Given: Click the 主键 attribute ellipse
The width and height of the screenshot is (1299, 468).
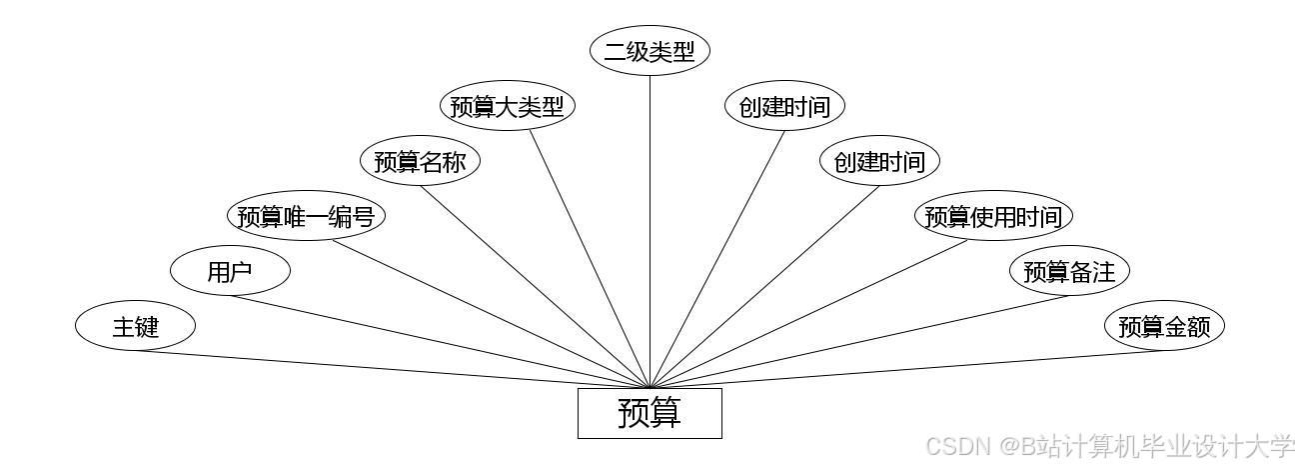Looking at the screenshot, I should tap(135, 326).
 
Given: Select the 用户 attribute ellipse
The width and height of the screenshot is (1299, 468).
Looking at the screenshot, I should tap(230, 271).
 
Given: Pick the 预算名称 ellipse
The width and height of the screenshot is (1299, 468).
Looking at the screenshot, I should tap(420, 162).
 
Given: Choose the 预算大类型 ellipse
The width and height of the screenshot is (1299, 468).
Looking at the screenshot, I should tap(507, 107).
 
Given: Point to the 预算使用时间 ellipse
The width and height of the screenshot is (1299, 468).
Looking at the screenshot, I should tap(993, 216).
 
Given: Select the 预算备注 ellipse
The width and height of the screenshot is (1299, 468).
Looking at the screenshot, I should tap(1068, 271).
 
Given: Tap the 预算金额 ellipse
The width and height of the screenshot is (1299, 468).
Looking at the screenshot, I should tap(1163, 326).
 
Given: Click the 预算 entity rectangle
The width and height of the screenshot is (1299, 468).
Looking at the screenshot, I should tap(649, 413).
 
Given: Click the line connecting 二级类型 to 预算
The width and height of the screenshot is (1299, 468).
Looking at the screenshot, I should tap(649, 230).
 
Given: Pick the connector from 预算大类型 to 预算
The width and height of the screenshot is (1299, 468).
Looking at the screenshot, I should tap(590, 259).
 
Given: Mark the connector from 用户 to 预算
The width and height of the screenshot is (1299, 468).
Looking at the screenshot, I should tap(440, 342).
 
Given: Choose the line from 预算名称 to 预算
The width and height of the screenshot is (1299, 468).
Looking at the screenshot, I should tap(535, 287).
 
